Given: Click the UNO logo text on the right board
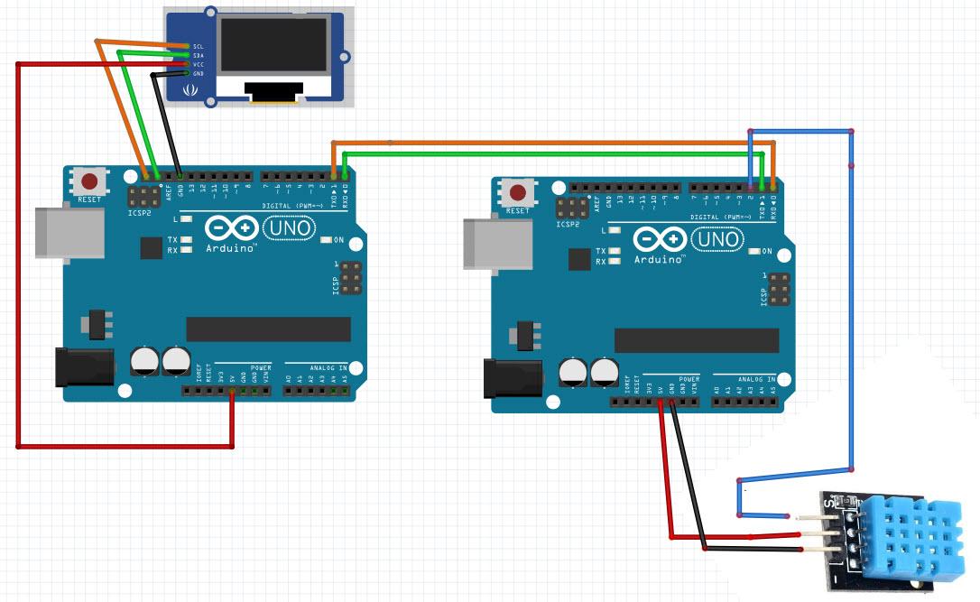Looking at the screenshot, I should [720, 241].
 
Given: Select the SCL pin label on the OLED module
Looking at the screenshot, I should [199, 46].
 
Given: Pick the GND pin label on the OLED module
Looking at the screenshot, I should [199, 73].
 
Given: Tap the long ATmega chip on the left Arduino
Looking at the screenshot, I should [268, 329].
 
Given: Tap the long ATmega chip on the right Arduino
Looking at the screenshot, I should [697, 340].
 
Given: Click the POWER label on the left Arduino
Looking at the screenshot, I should [261, 368].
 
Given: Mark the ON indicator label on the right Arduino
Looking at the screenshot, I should [767, 251].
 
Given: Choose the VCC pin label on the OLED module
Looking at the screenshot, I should [199, 64].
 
